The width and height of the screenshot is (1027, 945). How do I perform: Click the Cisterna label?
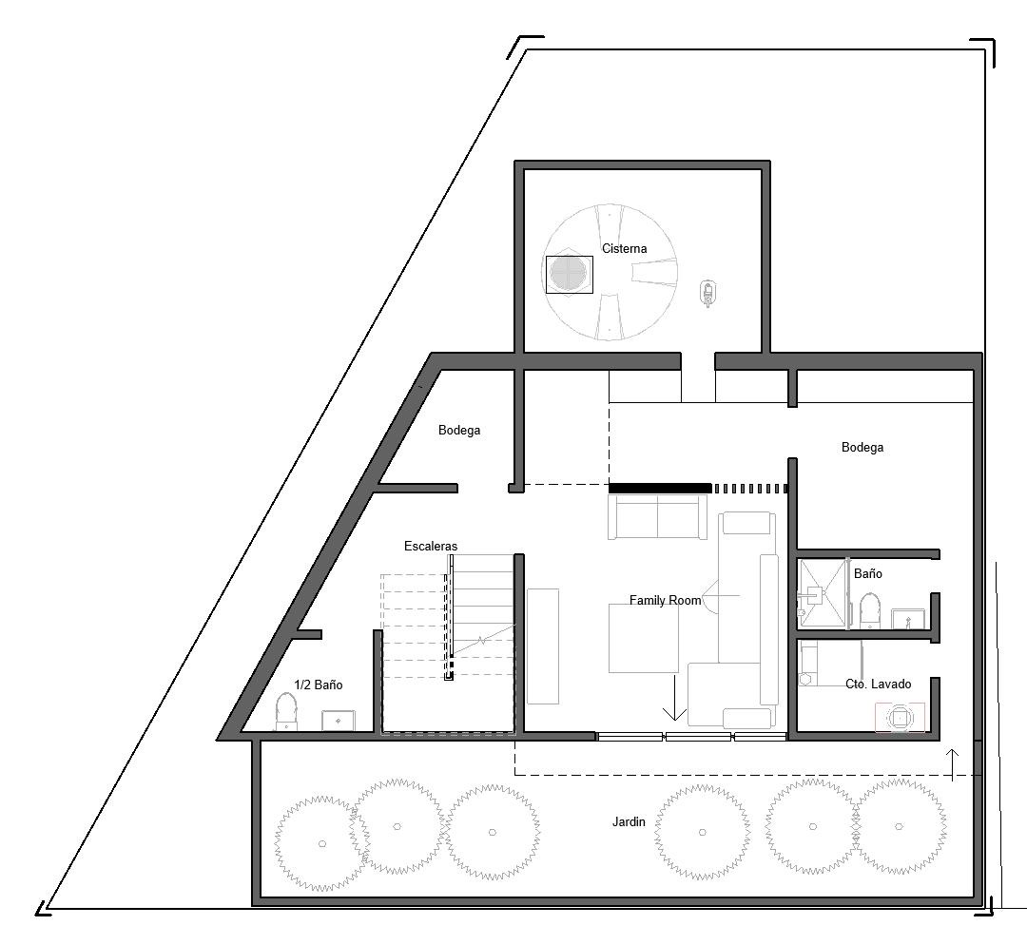(624, 248)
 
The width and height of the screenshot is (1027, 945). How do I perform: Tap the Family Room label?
(665, 600)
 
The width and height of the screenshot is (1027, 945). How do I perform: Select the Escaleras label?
(431, 546)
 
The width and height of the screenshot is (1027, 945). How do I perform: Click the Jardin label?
(629, 821)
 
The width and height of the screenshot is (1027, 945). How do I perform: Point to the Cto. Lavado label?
(879, 684)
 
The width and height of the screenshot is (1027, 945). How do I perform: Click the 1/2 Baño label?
(319, 685)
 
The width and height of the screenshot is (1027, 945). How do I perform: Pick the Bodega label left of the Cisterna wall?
(459, 431)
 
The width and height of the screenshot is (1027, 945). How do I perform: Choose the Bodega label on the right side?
(862, 447)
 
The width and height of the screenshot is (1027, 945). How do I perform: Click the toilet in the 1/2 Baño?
(285, 711)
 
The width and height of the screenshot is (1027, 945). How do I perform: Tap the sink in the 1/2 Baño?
(338, 721)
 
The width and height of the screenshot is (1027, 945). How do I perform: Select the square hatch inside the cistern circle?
(570, 275)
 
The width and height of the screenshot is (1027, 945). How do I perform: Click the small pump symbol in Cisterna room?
(707, 294)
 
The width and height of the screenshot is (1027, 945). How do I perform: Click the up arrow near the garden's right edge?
(953, 765)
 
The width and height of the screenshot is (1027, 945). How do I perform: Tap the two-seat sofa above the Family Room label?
(658, 516)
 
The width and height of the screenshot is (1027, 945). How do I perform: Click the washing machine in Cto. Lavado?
(900, 718)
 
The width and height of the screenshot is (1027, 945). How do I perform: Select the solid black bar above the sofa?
(660, 488)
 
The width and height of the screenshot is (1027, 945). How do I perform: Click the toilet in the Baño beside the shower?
(870, 610)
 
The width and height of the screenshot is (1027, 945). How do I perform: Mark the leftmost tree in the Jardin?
(321, 843)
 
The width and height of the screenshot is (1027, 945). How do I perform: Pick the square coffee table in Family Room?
(643, 639)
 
